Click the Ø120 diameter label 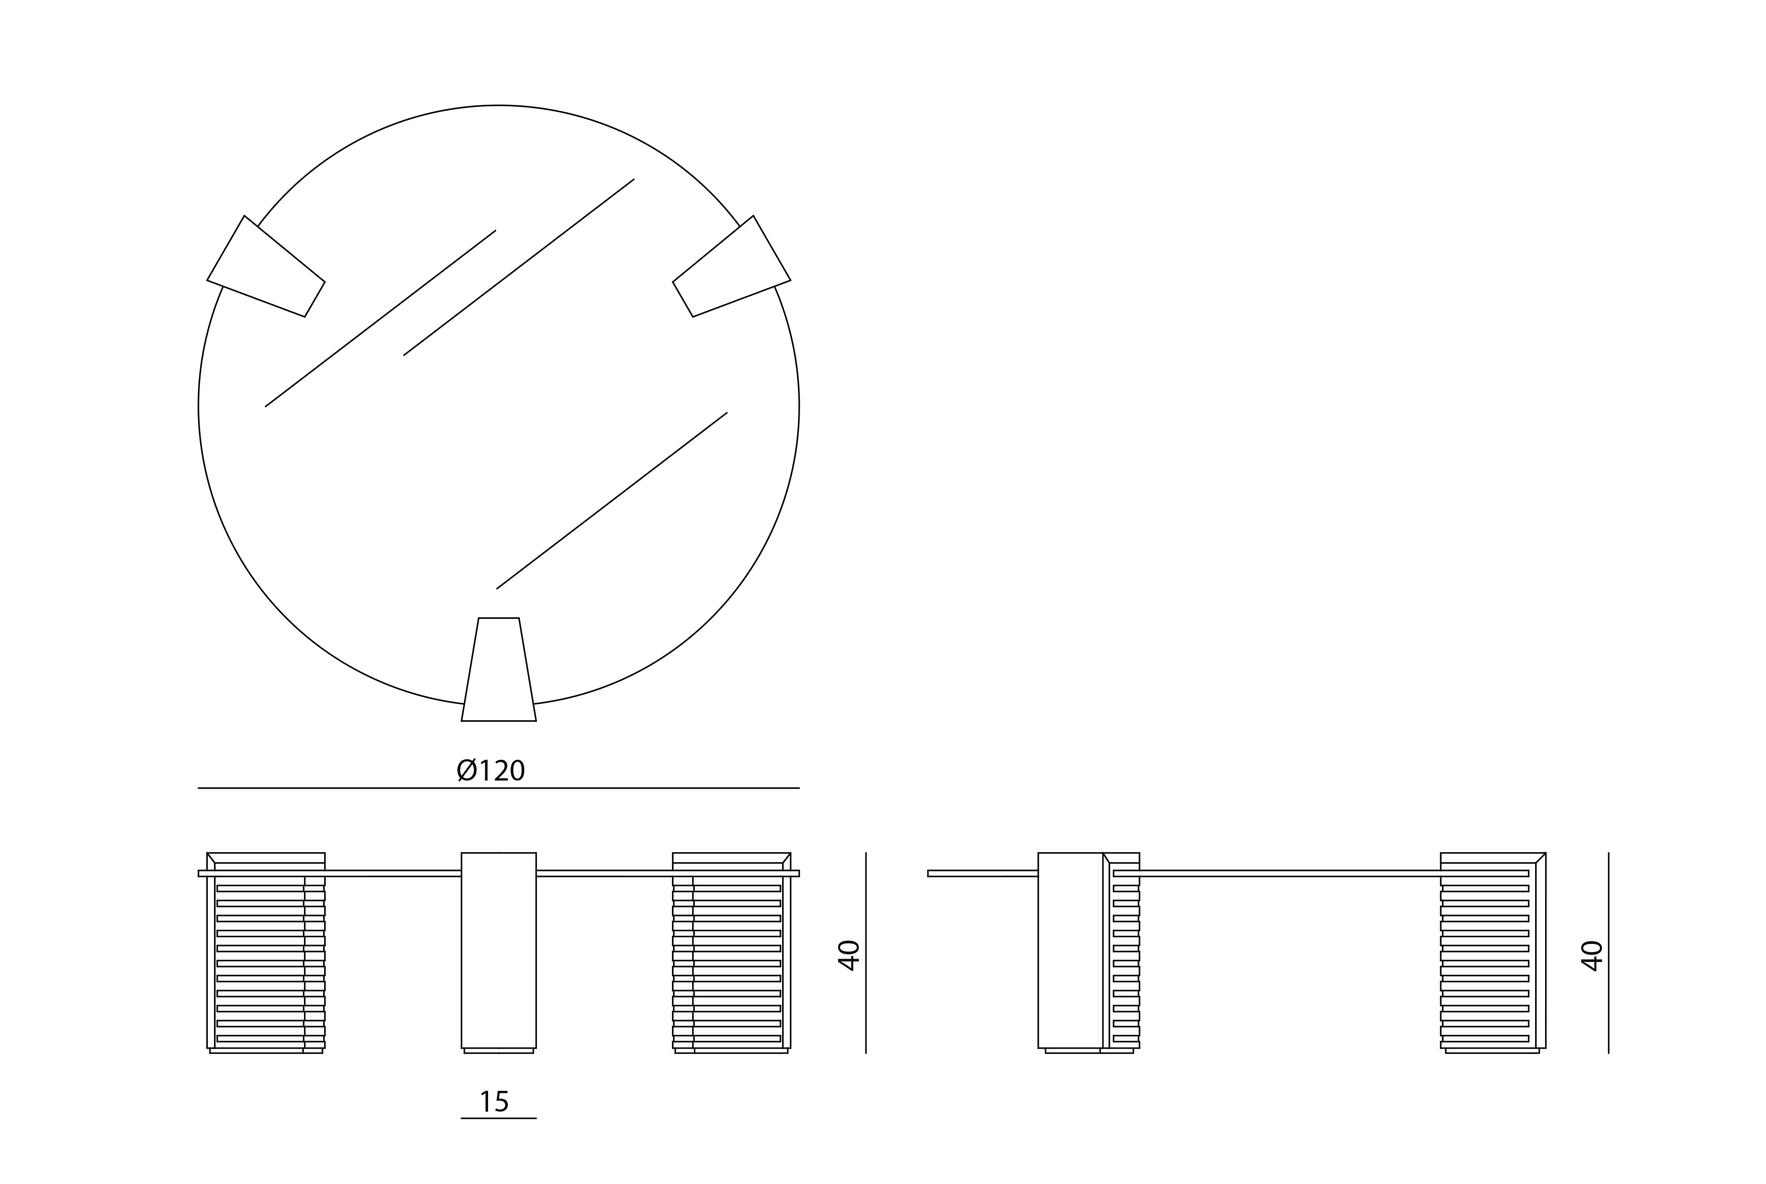[x=491, y=770]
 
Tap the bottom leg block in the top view [x=499, y=670]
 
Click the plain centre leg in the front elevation [x=499, y=950]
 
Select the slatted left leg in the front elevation [x=266, y=953]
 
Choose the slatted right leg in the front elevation [x=731, y=953]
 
